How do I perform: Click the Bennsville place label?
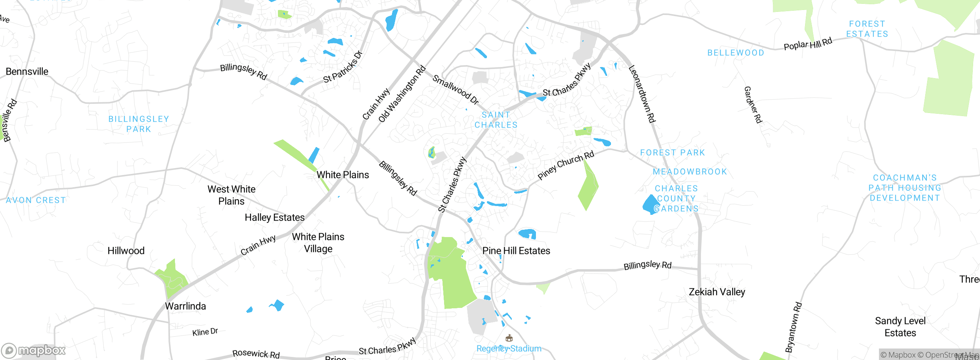(x=27, y=72)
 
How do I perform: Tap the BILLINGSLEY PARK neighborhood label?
(x=139, y=124)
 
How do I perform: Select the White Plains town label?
(x=343, y=175)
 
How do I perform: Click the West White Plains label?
(x=231, y=195)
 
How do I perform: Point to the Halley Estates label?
(x=274, y=218)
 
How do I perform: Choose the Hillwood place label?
(x=126, y=251)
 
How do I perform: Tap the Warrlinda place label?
(x=185, y=306)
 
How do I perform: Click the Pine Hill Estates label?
(x=516, y=251)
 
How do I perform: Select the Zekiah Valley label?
(x=717, y=292)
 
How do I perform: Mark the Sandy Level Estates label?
(x=900, y=327)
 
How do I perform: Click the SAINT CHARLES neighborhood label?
(x=496, y=120)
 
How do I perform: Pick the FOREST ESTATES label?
(x=867, y=29)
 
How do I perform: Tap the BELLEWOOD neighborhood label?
(x=735, y=53)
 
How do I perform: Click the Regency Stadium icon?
(x=509, y=338)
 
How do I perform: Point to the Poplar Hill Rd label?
(x=808, y=44)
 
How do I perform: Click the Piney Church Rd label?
(x=565, y=165)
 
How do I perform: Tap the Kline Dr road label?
(x=205, y=332)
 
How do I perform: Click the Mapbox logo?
(x=33, y=350)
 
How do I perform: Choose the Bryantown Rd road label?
(x=793, y=327)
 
